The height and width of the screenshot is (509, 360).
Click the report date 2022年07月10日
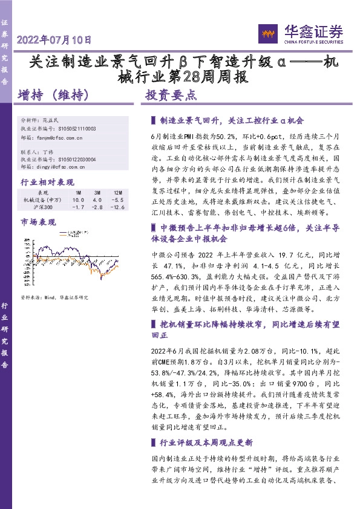click(55, 41)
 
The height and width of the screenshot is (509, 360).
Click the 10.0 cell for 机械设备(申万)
click(78, 199)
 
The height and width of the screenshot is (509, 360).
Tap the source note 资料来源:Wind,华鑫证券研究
click(54, 297)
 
